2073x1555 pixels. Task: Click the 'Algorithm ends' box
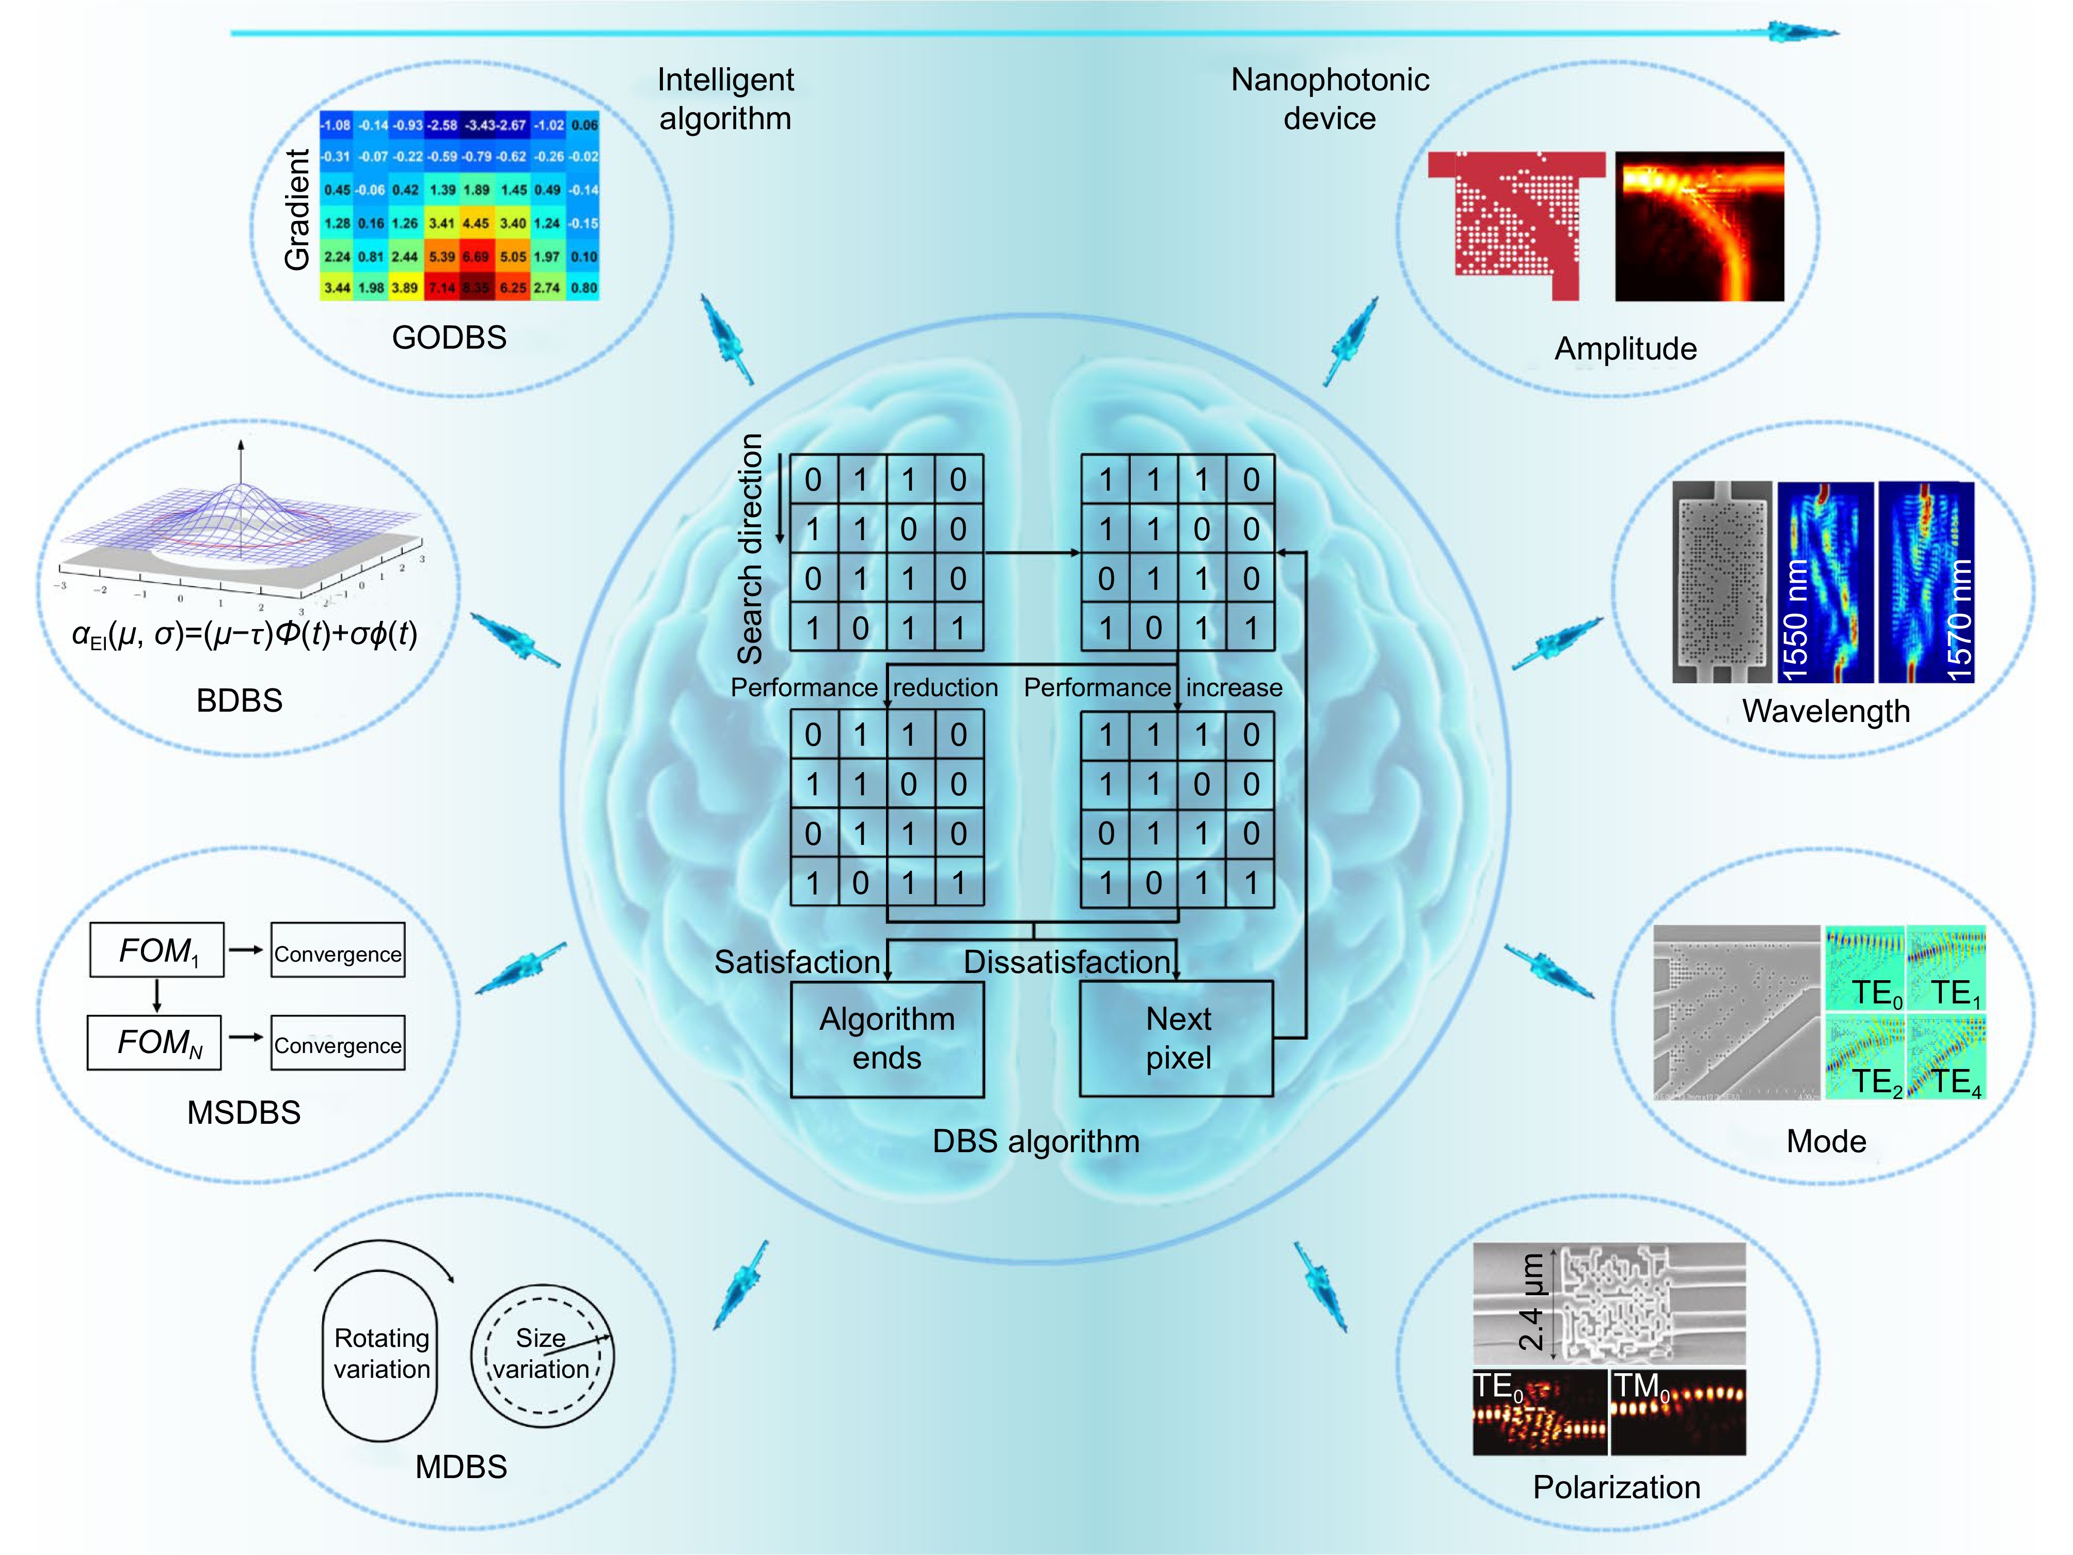pyautogui.click(x=887, y=1039)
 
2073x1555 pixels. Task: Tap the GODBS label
pyautogui.click(x=449, y=337)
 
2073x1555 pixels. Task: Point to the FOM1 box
pyautogui.click(x=156, y=950)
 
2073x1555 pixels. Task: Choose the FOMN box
pyautogui.click(x=154, y=1042)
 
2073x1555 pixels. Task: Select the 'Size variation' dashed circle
pyautogui.click(x=542, y=1355)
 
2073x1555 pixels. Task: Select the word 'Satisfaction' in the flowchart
pyautogui.click(x=797, y=963)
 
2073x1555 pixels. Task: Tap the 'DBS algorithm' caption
pyautogui.click(x=1036, y=1142)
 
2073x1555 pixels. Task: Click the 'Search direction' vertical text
pyautogui.click(x=751, y=548)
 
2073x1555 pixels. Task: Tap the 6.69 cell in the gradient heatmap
pyautogui.click(x=476, y=256)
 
